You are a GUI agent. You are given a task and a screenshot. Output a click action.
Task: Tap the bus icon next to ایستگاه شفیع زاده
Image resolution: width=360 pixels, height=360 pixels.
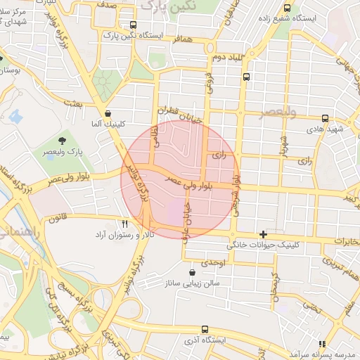[287, 8]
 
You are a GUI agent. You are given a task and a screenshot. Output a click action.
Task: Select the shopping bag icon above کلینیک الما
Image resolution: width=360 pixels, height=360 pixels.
[108, 113]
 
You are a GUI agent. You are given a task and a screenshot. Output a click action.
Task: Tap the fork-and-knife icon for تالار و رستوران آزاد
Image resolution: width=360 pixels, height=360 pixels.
[124, 224]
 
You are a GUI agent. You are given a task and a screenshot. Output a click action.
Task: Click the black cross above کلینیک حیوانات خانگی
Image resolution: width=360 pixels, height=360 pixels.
[264, 234]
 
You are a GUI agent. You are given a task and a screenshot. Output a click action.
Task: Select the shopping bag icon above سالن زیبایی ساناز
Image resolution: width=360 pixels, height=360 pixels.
[193, 272]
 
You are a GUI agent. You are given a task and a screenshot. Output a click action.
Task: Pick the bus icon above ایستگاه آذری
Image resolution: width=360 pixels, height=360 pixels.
[205, 328]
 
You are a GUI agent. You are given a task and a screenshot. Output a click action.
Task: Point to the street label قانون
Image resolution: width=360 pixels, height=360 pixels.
[57, 219]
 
